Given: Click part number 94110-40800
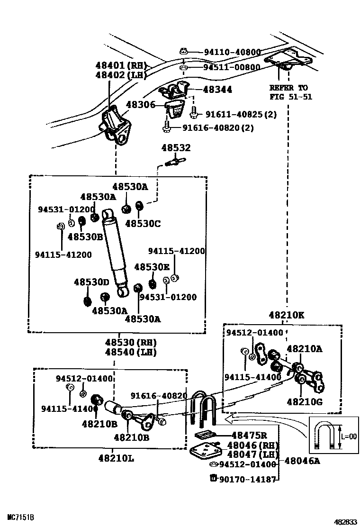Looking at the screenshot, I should (x=232, y=52).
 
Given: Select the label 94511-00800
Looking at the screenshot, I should (x=232, y=67).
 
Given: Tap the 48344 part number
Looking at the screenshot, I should (x=217, y=89).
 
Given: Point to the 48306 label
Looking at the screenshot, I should (x=141, y=105).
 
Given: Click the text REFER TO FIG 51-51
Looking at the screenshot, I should (x=288, y=92).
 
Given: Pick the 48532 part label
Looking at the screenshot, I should (x=176, y=148).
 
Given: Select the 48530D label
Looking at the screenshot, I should (x=91, y=282).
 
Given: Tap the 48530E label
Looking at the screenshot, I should (x=152, y=267).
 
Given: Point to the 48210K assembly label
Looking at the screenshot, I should (x=287, y=315).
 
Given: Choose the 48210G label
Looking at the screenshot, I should (x=305, y=402).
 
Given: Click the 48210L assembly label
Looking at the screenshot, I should (x=117, y=459).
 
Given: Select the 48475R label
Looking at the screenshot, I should (x=249, y=435).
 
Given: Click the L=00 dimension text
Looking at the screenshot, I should (x=349, y=436).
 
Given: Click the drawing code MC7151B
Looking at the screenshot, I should (x=20, y=516).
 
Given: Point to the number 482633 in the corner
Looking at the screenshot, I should (x=343, y=521).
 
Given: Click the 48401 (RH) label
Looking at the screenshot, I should (x=121, y=65).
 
